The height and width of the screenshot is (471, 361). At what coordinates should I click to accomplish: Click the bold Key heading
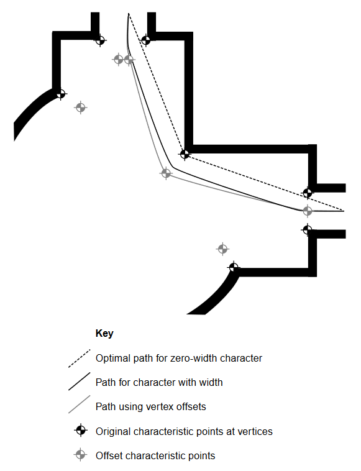[x=104, y=333]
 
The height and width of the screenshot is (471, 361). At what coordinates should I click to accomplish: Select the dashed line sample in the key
[x=80, y=359]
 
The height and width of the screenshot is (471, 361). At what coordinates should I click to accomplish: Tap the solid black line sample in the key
[x=80, y=382]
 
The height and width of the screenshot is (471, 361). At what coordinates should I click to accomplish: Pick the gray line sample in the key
[x=80, y=405]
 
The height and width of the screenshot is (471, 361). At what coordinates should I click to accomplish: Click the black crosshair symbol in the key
[x=81, y=431]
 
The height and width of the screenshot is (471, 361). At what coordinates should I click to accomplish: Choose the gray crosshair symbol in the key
[x=81, y=455]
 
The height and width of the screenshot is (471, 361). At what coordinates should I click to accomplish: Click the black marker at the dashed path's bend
[x=185, y=154]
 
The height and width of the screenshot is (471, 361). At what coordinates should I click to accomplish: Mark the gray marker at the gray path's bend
[x=166, y=173]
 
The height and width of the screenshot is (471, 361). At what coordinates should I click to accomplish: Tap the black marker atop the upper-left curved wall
[x=61, y=94]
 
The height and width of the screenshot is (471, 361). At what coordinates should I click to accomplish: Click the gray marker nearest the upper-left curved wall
[x=81, y=107]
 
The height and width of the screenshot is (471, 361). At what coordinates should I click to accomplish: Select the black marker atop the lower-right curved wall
[x=234, y=267]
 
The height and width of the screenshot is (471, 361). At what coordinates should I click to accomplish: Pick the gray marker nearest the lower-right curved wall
[x=222, y=249]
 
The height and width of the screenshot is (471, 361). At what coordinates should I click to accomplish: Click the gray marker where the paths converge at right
[x=307, y=211]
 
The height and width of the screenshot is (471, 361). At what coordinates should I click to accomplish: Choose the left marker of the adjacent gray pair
[x=118, y=60]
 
